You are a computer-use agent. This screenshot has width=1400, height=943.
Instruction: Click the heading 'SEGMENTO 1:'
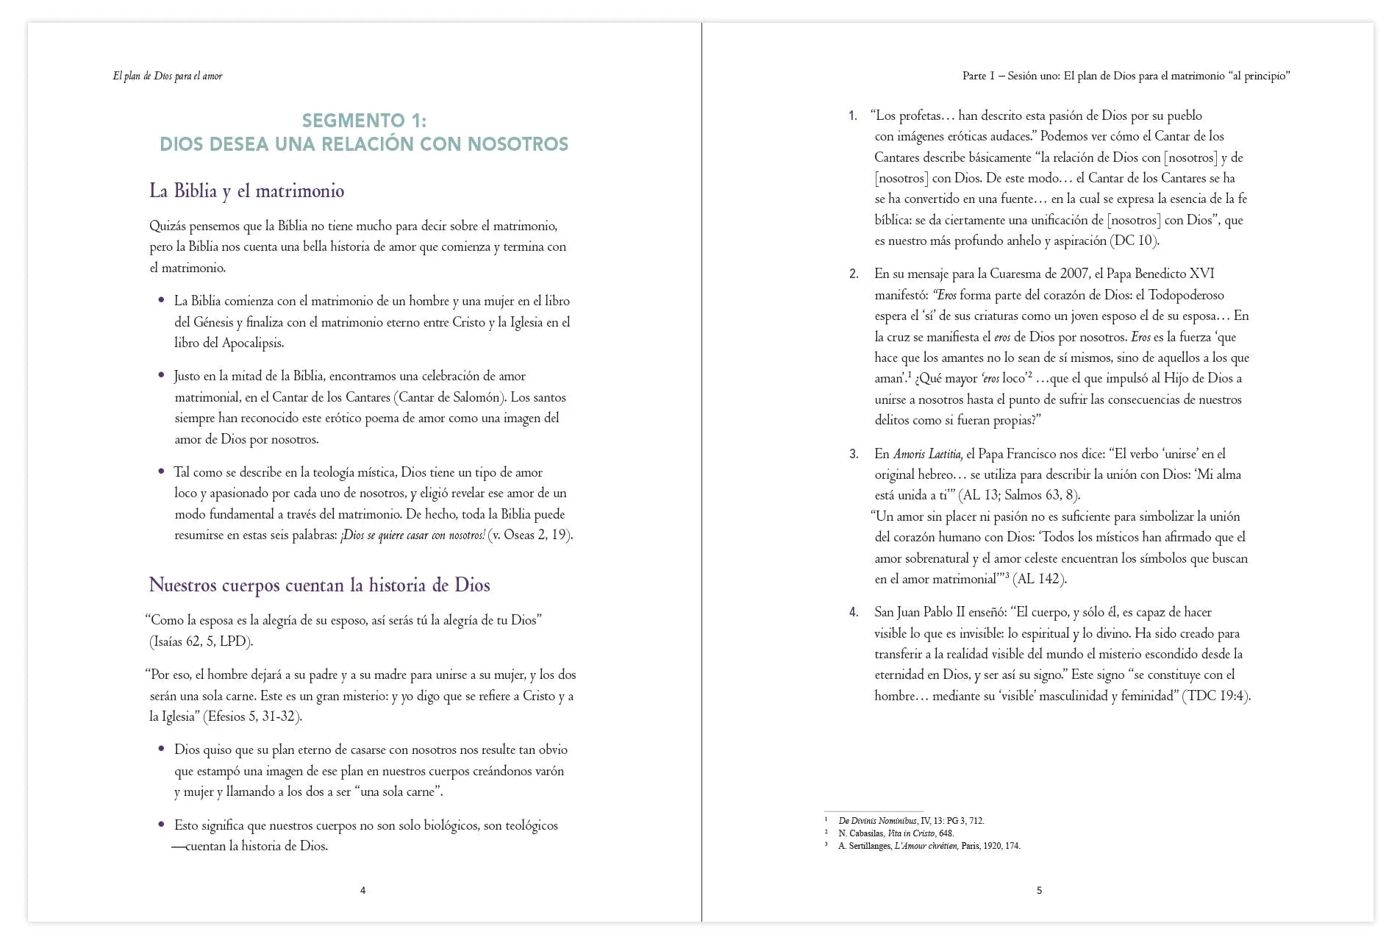[x=364, y=121]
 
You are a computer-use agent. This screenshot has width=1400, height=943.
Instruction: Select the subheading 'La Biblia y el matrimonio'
[x=246, y=191]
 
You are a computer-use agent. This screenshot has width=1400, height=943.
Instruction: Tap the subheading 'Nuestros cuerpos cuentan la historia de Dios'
[x=319, y=586]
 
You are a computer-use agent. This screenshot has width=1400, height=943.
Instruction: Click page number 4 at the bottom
[x=362, y=891]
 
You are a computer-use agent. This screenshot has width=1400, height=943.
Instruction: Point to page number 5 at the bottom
[x=1039, y=891]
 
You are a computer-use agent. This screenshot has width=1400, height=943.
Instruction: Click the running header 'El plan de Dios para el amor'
[x=168, y=76]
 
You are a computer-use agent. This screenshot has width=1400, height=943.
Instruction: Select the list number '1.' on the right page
[x=853, y=115]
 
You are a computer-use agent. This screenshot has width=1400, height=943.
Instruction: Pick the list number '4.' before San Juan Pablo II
[x=854, y=612]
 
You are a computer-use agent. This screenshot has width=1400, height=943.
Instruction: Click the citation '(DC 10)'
[x=1135, y=241]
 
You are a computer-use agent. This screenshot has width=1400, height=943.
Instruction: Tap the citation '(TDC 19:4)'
[x=1216, y=696]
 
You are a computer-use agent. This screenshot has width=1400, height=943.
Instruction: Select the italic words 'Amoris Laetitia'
[x=928, y=454]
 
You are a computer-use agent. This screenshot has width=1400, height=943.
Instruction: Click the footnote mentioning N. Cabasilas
[x=896, y=833]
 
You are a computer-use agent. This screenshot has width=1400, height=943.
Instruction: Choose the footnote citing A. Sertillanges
[x=929, y=846]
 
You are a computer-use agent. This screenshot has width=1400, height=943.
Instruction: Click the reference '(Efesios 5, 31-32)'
[x=251, y=716]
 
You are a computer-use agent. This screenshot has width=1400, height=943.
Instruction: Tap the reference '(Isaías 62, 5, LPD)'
[x=201, y=641]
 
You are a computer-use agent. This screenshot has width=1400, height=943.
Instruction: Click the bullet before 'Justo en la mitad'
[x=162, y=376]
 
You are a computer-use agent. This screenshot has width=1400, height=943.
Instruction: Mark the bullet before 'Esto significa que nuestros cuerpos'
[x=162, y=825]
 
